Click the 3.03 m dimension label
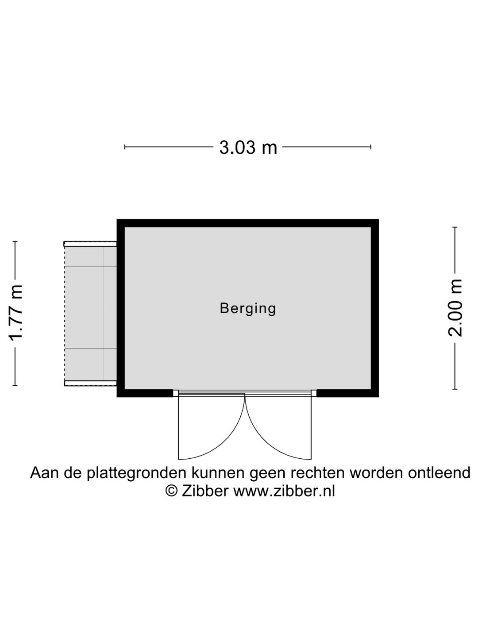coord(248,147)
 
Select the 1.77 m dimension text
coord(15,313)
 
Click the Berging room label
coord(248,308)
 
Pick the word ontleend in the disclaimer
coord(439,473)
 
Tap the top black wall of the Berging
coord(247,223)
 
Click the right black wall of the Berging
coord(375,308)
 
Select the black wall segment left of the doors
coord(145,393)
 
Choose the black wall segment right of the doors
coord(348,393)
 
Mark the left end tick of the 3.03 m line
coord(125,147)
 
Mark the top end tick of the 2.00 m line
coord(455,227)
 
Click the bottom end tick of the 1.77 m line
coord(15,386)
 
